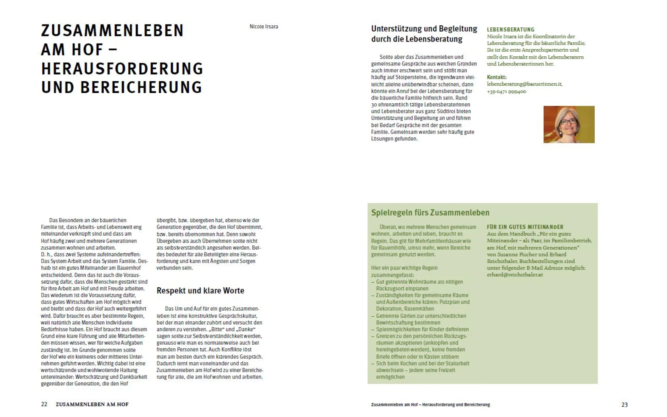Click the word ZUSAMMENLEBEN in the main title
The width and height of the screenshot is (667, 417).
tap(112, 31)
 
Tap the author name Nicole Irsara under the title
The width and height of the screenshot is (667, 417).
tap(264, 27)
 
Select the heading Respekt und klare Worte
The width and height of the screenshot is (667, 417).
tap(200, 291)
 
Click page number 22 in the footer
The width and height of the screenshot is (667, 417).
tap(44, 404)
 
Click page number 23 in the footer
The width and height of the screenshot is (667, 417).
tap(624, 404)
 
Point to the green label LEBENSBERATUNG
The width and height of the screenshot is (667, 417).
tap(510, 29)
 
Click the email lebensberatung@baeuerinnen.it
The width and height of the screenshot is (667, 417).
tap(524, 84)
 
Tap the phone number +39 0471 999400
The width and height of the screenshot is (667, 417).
tap(506, 91)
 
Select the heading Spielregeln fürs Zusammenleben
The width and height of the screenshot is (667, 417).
tap(430, 213)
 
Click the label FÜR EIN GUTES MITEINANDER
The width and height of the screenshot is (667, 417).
tap(525, 227)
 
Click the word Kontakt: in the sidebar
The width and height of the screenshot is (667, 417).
tap(496, 77)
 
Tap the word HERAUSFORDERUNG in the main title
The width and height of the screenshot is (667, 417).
tap(122, 69)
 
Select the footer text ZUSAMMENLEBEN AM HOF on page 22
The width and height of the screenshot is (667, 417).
tap(92, 404)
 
